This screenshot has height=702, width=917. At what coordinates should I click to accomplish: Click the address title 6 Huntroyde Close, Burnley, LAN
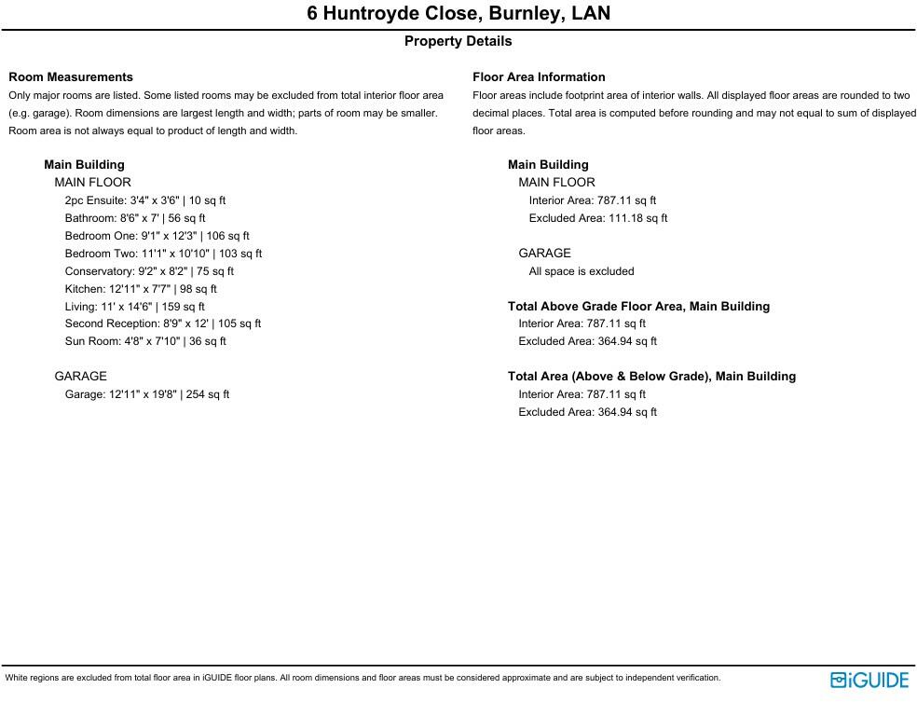point(458,14)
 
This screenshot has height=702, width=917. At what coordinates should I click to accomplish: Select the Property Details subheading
point(458,41)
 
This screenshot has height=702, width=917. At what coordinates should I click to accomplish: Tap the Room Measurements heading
point(71,77)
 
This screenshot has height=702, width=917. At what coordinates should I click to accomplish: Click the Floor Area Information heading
point(539,77)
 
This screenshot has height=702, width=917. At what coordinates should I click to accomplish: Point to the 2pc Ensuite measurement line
point(145,200)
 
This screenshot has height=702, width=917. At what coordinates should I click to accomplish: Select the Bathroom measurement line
point(135,218)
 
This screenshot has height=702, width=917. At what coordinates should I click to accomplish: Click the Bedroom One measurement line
point(157,236)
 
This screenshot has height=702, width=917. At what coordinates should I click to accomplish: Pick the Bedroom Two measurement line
point(163,254)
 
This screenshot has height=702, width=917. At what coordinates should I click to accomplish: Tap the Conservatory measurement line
point(149,271)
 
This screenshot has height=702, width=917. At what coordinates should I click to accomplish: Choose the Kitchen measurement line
point(141,289)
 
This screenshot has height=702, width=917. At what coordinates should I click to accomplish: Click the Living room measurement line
point(135,307)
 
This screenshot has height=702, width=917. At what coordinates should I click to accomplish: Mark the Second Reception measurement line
point(163,323)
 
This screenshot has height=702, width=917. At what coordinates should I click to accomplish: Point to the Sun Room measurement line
point(145,341)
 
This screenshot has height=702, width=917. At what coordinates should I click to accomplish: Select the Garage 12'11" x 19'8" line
point(147,394)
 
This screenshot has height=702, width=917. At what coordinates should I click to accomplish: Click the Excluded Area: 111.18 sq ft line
point(598,218)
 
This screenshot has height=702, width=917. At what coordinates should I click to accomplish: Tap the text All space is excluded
point(582,271)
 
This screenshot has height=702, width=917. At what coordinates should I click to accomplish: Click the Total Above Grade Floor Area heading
point(638,306)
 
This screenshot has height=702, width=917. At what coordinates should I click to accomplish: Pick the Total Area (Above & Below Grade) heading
point(651,377)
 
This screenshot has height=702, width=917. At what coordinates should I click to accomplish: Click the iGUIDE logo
point(869,680)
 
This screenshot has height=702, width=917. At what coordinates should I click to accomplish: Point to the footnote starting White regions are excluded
point(363,678)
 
